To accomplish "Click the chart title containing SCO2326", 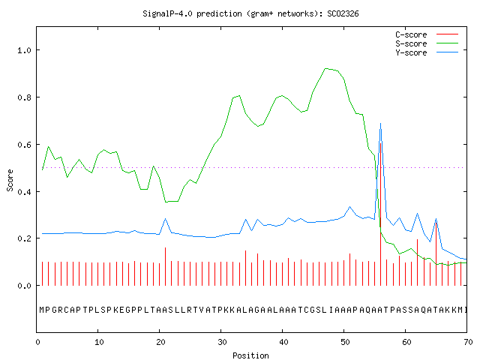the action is click(250, 13).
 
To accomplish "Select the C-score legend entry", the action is click(427, 34).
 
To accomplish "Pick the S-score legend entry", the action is click(427, 43).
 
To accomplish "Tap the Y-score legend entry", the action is click(427, 52).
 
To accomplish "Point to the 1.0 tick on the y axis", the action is click(25, 50).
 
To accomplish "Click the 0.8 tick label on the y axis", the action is click(25, 97).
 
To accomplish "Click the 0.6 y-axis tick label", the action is click(25, 145).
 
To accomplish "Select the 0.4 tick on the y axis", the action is click(25, 192).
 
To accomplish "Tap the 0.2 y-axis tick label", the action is click(25, 238).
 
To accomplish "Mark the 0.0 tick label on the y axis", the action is click(25, 286).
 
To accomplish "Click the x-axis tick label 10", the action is click(99, 342).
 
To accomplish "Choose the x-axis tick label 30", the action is click(222, 342).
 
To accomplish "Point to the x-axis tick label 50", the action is click(345, 342).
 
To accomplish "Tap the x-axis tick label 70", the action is click(468, 342).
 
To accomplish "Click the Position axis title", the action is click(250, 355).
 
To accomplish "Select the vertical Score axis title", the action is click(10, 180).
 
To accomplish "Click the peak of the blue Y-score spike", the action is click(380, 123).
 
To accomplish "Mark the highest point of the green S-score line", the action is click(325, 68).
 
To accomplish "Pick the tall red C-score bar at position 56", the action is click(380, 214).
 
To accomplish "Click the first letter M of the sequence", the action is click(42, 310).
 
